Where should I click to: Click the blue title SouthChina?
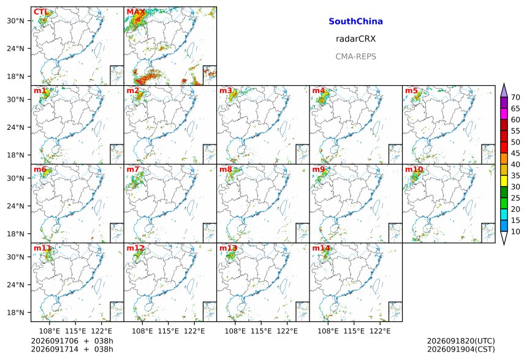click(x=355, y=21)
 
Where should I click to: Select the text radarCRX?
click(x=355, y=39)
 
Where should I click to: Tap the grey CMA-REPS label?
click(x=355, y=56)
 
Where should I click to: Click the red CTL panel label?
click(x=41, y=12)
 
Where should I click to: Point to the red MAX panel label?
click(x=136, y=12)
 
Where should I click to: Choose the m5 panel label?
click(x=411, y=91)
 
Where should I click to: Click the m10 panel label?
click(x=414, y=169)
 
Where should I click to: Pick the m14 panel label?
click(x=321, y=248)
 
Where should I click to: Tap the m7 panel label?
click(x=133, y=169)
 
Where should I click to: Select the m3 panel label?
click(x=226, y=91)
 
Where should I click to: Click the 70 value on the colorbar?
click(x=515, y=97)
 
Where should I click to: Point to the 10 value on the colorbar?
click(x=515, y=231)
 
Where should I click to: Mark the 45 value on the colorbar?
click(x=515, y=154)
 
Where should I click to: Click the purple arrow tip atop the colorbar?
click(x=504, y=84)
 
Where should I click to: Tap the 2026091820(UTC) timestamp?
click(x=461, y=341)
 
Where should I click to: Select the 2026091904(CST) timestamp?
click(x=461, y=349)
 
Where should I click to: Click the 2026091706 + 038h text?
click(x=72, y=341)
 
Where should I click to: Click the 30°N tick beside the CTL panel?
click(x=15, y=21)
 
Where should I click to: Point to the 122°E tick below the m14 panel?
click(x=380, y=331)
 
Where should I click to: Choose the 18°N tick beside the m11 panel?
click(x=15, y=313)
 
